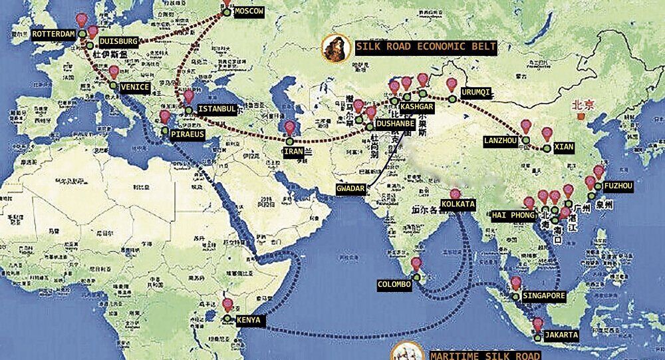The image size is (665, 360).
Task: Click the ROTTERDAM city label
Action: click(55, 33)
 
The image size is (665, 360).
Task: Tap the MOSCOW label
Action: click(249, 12)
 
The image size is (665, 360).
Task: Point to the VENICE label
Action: click(135, 87)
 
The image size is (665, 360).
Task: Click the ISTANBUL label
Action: click(217, 109)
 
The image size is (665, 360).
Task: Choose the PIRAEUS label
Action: click(187, 134)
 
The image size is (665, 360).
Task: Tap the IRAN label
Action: click(293, 152)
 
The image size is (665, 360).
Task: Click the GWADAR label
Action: click(351, 188)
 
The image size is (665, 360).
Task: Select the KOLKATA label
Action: click(458, 203)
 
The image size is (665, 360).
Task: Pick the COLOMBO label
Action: click(395, 283)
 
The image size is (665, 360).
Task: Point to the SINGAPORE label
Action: click(544, 295)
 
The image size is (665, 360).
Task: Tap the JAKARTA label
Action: click(561, 335)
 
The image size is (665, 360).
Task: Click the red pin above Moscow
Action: click(227, 2)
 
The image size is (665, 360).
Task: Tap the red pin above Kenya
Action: click(227, 305)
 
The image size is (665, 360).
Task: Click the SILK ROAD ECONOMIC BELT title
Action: click(426, 47)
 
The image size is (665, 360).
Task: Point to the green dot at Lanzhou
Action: click(525, 140)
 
